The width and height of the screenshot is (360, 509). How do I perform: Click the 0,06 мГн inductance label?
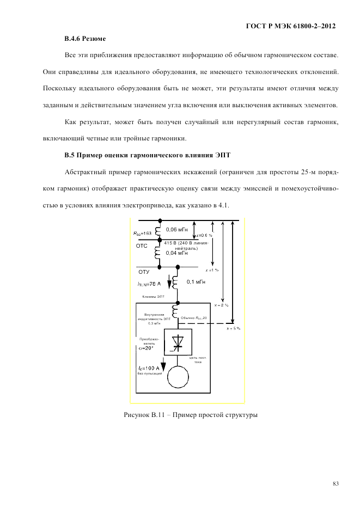pos(177,230)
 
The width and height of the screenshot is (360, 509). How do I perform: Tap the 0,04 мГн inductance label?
pos(177,253)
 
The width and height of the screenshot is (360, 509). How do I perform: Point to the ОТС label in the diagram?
pos(142,246)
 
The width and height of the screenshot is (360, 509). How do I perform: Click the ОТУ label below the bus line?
pos(143,271)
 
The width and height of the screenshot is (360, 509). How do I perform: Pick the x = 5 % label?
pos(233,329)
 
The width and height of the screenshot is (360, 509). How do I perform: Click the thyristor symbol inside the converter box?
pos(177,342)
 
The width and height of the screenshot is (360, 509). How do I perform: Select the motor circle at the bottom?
pos(177,376)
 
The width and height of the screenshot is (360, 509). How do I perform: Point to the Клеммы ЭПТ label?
pos(154,297)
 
